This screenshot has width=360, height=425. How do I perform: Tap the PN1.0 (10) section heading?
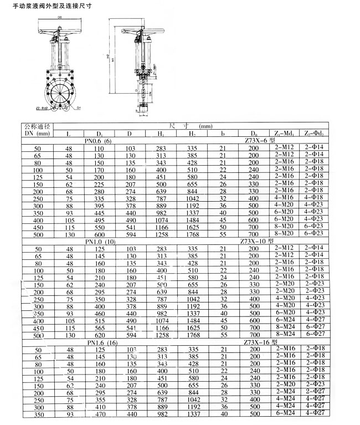[100, 241]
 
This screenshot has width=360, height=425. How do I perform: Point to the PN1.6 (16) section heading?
[100, 342]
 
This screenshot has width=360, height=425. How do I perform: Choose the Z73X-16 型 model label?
[260, 342]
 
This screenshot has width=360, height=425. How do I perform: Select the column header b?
[223, 134]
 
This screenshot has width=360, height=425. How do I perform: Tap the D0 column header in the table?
[254, 134]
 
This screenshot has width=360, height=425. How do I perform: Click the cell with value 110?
[100, 149]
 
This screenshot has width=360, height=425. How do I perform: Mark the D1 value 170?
[100, 170]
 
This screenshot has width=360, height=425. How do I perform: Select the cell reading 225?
[100, 184]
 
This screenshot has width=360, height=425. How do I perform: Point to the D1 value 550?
[100, 227]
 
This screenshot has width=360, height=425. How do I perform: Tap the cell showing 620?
[100, 335]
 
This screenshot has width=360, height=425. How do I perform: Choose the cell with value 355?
[100, 400]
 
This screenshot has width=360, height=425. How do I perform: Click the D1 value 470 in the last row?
[100, 414]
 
